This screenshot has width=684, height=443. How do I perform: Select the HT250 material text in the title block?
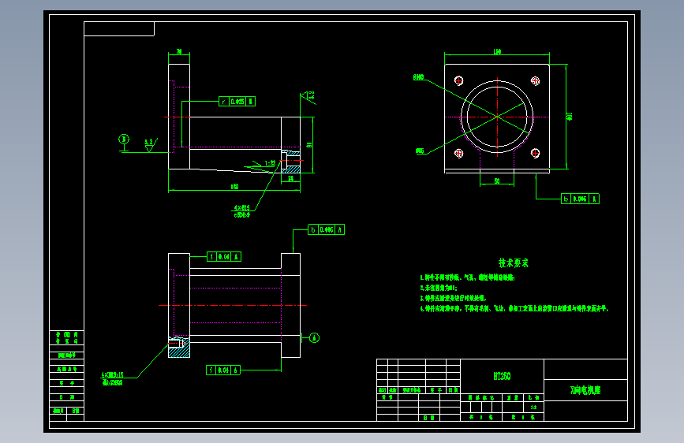[502, 377]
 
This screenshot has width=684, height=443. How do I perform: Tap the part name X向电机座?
[585, 389]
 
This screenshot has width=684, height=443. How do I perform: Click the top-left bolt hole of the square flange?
[458, 80]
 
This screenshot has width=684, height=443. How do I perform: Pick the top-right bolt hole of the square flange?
[536, 80]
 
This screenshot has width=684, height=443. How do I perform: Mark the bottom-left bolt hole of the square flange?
[458, 154]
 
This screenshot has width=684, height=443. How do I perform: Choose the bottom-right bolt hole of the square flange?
[536, 154]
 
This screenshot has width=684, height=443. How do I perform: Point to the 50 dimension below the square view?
[498, 181]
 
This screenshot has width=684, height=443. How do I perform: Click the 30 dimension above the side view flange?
[179, 52]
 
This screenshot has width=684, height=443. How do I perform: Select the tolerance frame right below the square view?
[580, 199]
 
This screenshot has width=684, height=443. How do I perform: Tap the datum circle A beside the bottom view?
[314, 338]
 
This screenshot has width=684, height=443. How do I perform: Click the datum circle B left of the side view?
[124, 140]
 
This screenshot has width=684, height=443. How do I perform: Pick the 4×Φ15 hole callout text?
[242, 208]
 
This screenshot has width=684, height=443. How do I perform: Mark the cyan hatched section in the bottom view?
[178, 348]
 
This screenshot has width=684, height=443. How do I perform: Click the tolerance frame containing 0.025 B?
[237, 101]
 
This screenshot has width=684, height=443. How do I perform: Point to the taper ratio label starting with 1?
[271, 163]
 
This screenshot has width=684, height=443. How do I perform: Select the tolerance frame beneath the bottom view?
[223, 370]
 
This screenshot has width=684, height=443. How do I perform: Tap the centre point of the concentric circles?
[498, 117]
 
